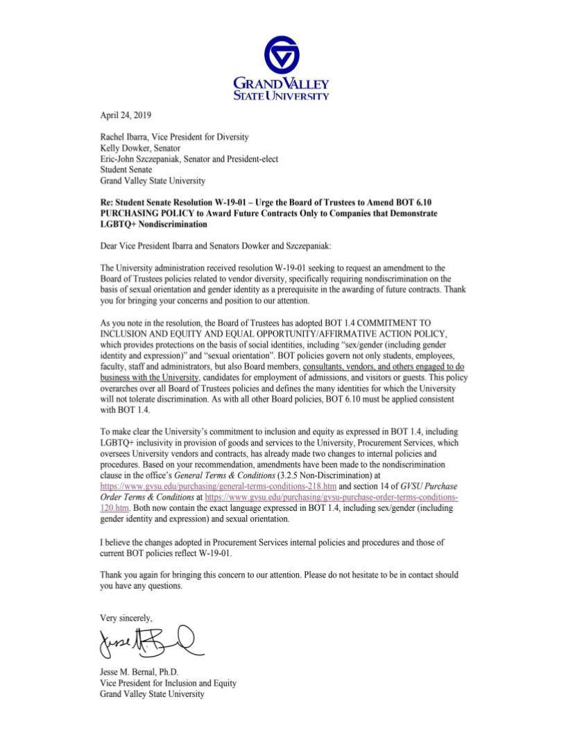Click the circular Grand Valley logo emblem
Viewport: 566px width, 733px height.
tap(282, 55)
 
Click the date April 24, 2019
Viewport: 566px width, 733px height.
tap(126, 115)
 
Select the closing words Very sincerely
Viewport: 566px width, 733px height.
tap(126, 617)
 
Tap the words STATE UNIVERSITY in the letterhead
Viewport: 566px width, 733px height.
tap(282, 96)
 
